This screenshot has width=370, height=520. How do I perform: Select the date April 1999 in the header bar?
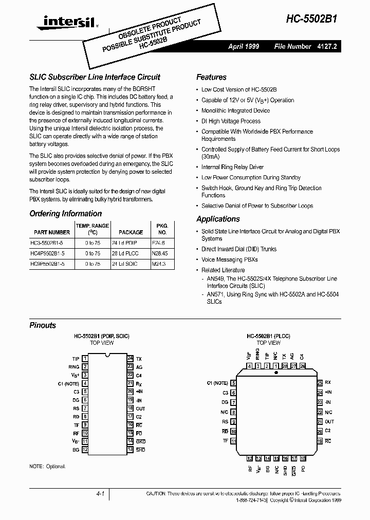click(x=244, y=47)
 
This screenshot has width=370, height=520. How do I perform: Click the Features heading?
click(x=211, y=77)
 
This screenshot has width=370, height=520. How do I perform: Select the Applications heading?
click(x=218, y=219)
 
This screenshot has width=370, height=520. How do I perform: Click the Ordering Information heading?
click(x=65, y=214)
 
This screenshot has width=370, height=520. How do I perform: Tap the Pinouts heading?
click(x=43, y=325)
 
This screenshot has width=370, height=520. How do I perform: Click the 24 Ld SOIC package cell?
click(x=127, y=263)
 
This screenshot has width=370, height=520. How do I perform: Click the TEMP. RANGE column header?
click(x=92, y=226)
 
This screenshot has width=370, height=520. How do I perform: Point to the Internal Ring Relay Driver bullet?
click(x=232, y=167)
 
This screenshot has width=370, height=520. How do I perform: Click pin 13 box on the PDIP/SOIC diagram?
click(x=131, y=450)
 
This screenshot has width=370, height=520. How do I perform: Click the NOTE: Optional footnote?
click(x=47, y=467)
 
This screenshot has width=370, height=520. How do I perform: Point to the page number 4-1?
click(x=100, y=494)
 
